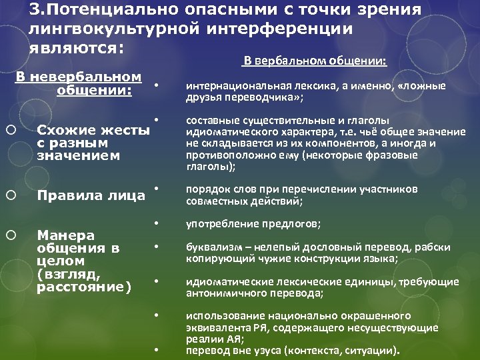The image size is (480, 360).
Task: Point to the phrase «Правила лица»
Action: click(91, 195)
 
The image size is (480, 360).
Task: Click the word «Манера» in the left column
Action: click(66, 235)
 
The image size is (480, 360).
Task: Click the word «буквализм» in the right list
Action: click(211, 247)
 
